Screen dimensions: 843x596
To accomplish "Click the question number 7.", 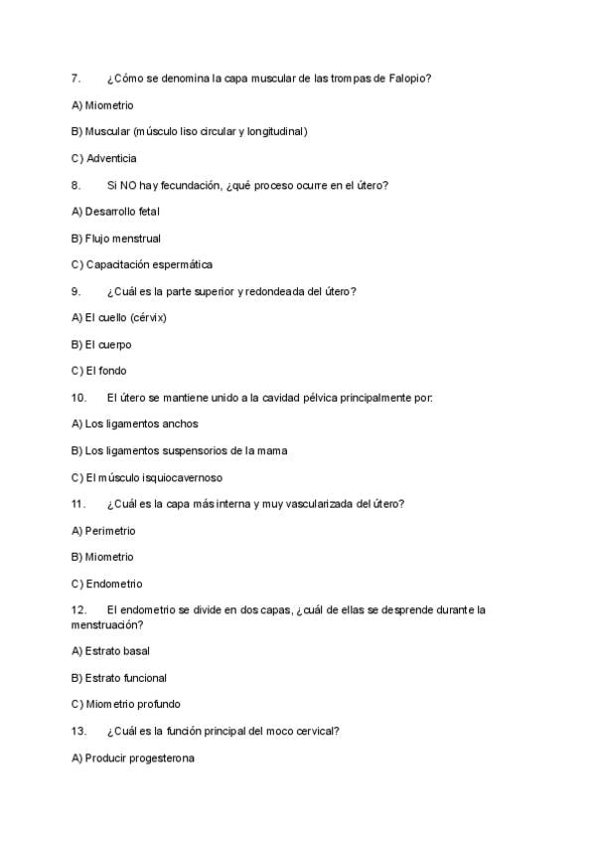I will coord(75,78).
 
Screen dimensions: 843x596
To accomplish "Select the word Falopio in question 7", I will coord(409,78).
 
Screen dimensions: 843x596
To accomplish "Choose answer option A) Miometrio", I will coord(102,104).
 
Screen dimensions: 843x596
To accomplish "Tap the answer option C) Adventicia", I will coord(104,158).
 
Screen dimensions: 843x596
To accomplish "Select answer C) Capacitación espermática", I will coord(142,264).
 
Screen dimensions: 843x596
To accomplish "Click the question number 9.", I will coord(75,291).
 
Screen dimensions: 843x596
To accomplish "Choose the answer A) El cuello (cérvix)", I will coord(119,318).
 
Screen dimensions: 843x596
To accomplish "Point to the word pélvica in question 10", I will coord(329,398).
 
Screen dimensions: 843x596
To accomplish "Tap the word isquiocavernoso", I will coord(180,477).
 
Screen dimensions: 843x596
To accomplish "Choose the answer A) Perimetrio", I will coord(103,531).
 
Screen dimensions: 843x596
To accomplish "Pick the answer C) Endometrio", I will coord(106,584).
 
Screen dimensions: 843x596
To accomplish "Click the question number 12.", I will coord(78,609).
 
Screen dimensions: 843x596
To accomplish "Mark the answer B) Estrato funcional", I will coord(119,678).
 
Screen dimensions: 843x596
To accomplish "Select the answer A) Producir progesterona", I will coord(133,758).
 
